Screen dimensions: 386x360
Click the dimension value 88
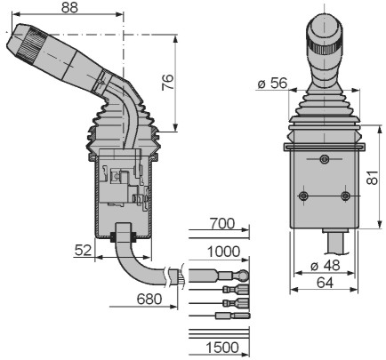click(69, 7)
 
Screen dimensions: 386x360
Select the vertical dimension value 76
click(168, 83)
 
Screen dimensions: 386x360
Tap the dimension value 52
click(83, 251)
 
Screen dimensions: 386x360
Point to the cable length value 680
click(149, 300)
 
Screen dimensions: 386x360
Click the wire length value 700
click(221, 224)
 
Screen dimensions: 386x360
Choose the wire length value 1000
click(223, 252)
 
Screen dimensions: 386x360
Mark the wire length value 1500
click(222, 348)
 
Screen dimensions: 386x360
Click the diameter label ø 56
click(272, 84)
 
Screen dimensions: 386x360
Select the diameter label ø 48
click(326, 266)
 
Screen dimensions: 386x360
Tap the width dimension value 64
click(325, 283)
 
